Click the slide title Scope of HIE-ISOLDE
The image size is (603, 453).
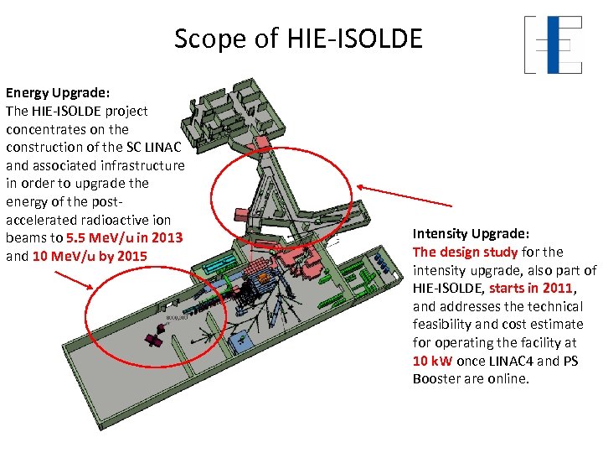[298, 39]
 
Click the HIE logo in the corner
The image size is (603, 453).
[553, 44]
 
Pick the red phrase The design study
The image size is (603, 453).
[453, 252]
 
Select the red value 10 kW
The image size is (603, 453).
[433, 361]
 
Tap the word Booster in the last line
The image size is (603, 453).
[438, 379]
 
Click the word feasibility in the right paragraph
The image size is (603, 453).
[443, 325]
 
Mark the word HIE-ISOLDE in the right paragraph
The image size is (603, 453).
[447, 288]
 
